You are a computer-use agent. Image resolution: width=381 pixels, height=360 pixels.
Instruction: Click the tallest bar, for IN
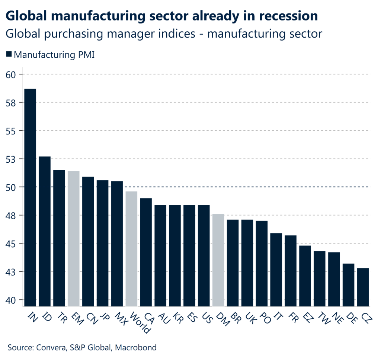click(30, 197)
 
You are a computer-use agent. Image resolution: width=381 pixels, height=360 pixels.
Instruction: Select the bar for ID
click(45, 231)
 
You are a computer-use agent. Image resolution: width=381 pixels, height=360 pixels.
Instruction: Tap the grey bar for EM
click(74, 238)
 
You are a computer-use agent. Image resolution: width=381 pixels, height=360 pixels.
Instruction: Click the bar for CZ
click(363, 287)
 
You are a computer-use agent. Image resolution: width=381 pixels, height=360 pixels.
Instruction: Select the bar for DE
click(348, 284)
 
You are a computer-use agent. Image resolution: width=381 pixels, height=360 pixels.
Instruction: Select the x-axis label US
click(206, 317)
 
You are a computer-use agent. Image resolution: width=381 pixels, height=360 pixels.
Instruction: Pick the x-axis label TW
click(322, 317)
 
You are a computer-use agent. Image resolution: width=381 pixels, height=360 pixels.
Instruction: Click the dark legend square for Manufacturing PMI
click(9, 55)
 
